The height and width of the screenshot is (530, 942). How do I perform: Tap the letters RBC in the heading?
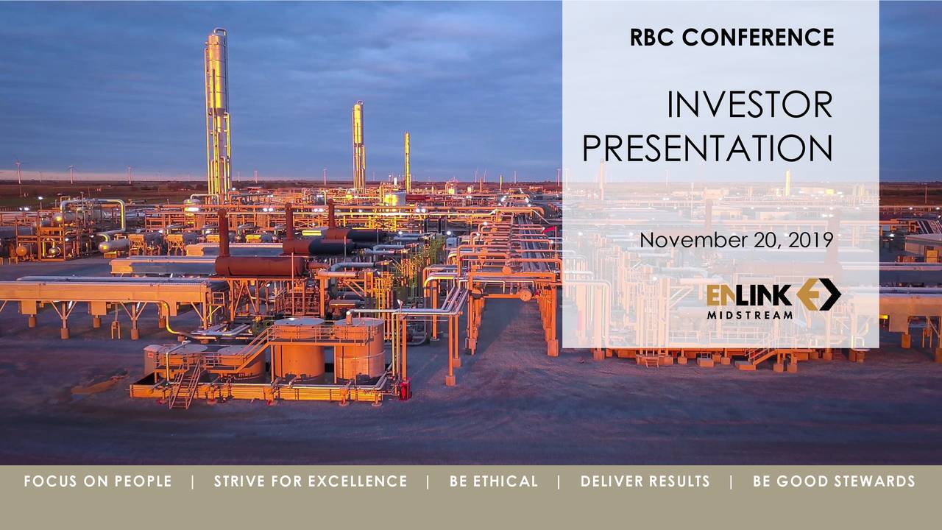click(x=652, y=37)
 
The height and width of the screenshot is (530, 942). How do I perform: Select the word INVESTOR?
click(x=749, y=105)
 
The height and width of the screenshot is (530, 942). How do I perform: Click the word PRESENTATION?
click(x=707, y=148)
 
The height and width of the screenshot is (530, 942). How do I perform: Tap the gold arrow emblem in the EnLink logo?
click(x=818, y=294)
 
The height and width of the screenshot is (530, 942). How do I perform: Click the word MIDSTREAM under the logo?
click(x=750, y=315)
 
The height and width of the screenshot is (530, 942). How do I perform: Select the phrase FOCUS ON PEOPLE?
click(x=97, y=481)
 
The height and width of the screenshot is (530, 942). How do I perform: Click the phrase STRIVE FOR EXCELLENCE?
click(x=311, y=481)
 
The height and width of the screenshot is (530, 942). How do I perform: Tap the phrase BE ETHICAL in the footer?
click(x=494, y=481)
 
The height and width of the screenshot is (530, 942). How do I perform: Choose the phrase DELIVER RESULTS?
click(x=645, y=481)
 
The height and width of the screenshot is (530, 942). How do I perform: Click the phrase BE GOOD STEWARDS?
click(x=834, y=481)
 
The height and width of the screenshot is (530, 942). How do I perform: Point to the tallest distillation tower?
click(x=217, y=110)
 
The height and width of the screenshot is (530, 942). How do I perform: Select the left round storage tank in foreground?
click(x=298, y=350)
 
